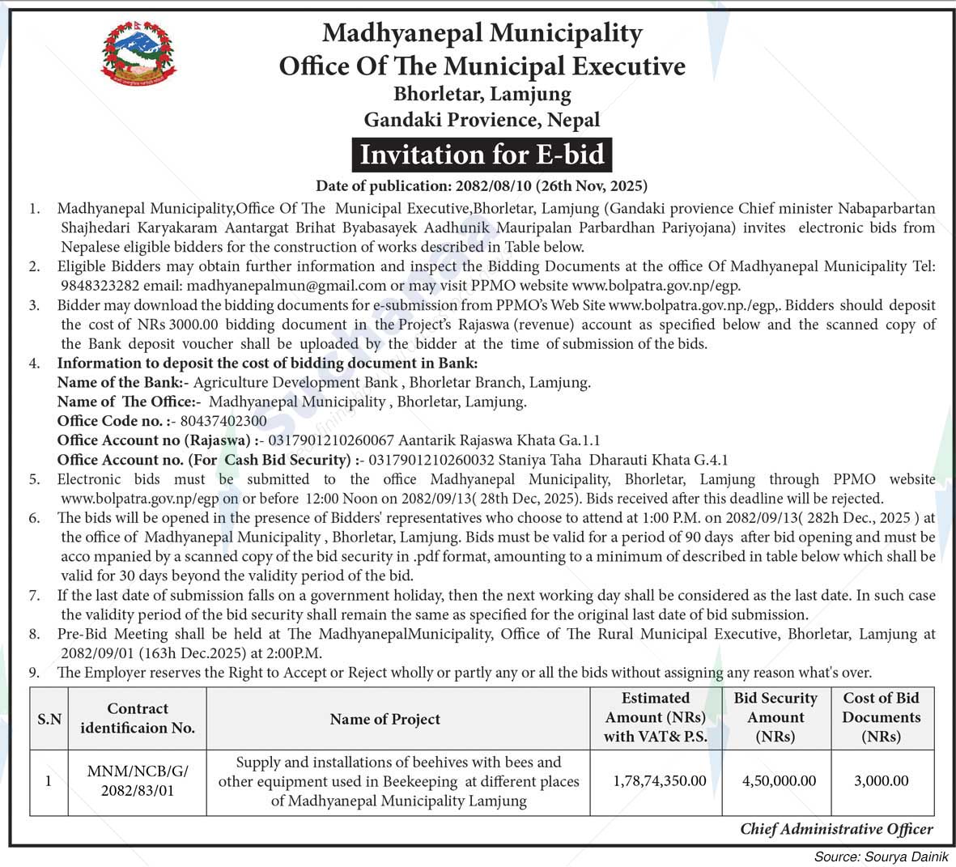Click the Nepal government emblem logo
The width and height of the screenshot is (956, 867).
[138, 53]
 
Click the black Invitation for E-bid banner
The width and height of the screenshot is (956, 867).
[482, 154]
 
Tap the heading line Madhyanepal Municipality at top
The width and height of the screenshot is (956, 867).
[482, 33]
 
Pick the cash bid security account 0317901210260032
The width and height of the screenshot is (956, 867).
[421, 460]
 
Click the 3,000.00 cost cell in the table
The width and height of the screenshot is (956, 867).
[881, 781]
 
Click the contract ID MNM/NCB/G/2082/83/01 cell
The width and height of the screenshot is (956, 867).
[137, 781]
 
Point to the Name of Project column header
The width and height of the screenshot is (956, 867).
[385, 719]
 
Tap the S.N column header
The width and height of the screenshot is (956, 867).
[49, 719]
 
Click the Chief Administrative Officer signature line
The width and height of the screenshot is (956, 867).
[836, 829]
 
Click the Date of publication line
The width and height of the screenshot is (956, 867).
[482, 185]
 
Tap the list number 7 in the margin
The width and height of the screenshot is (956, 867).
[35, 596]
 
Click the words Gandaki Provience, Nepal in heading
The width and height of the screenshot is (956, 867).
[482, 120]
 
